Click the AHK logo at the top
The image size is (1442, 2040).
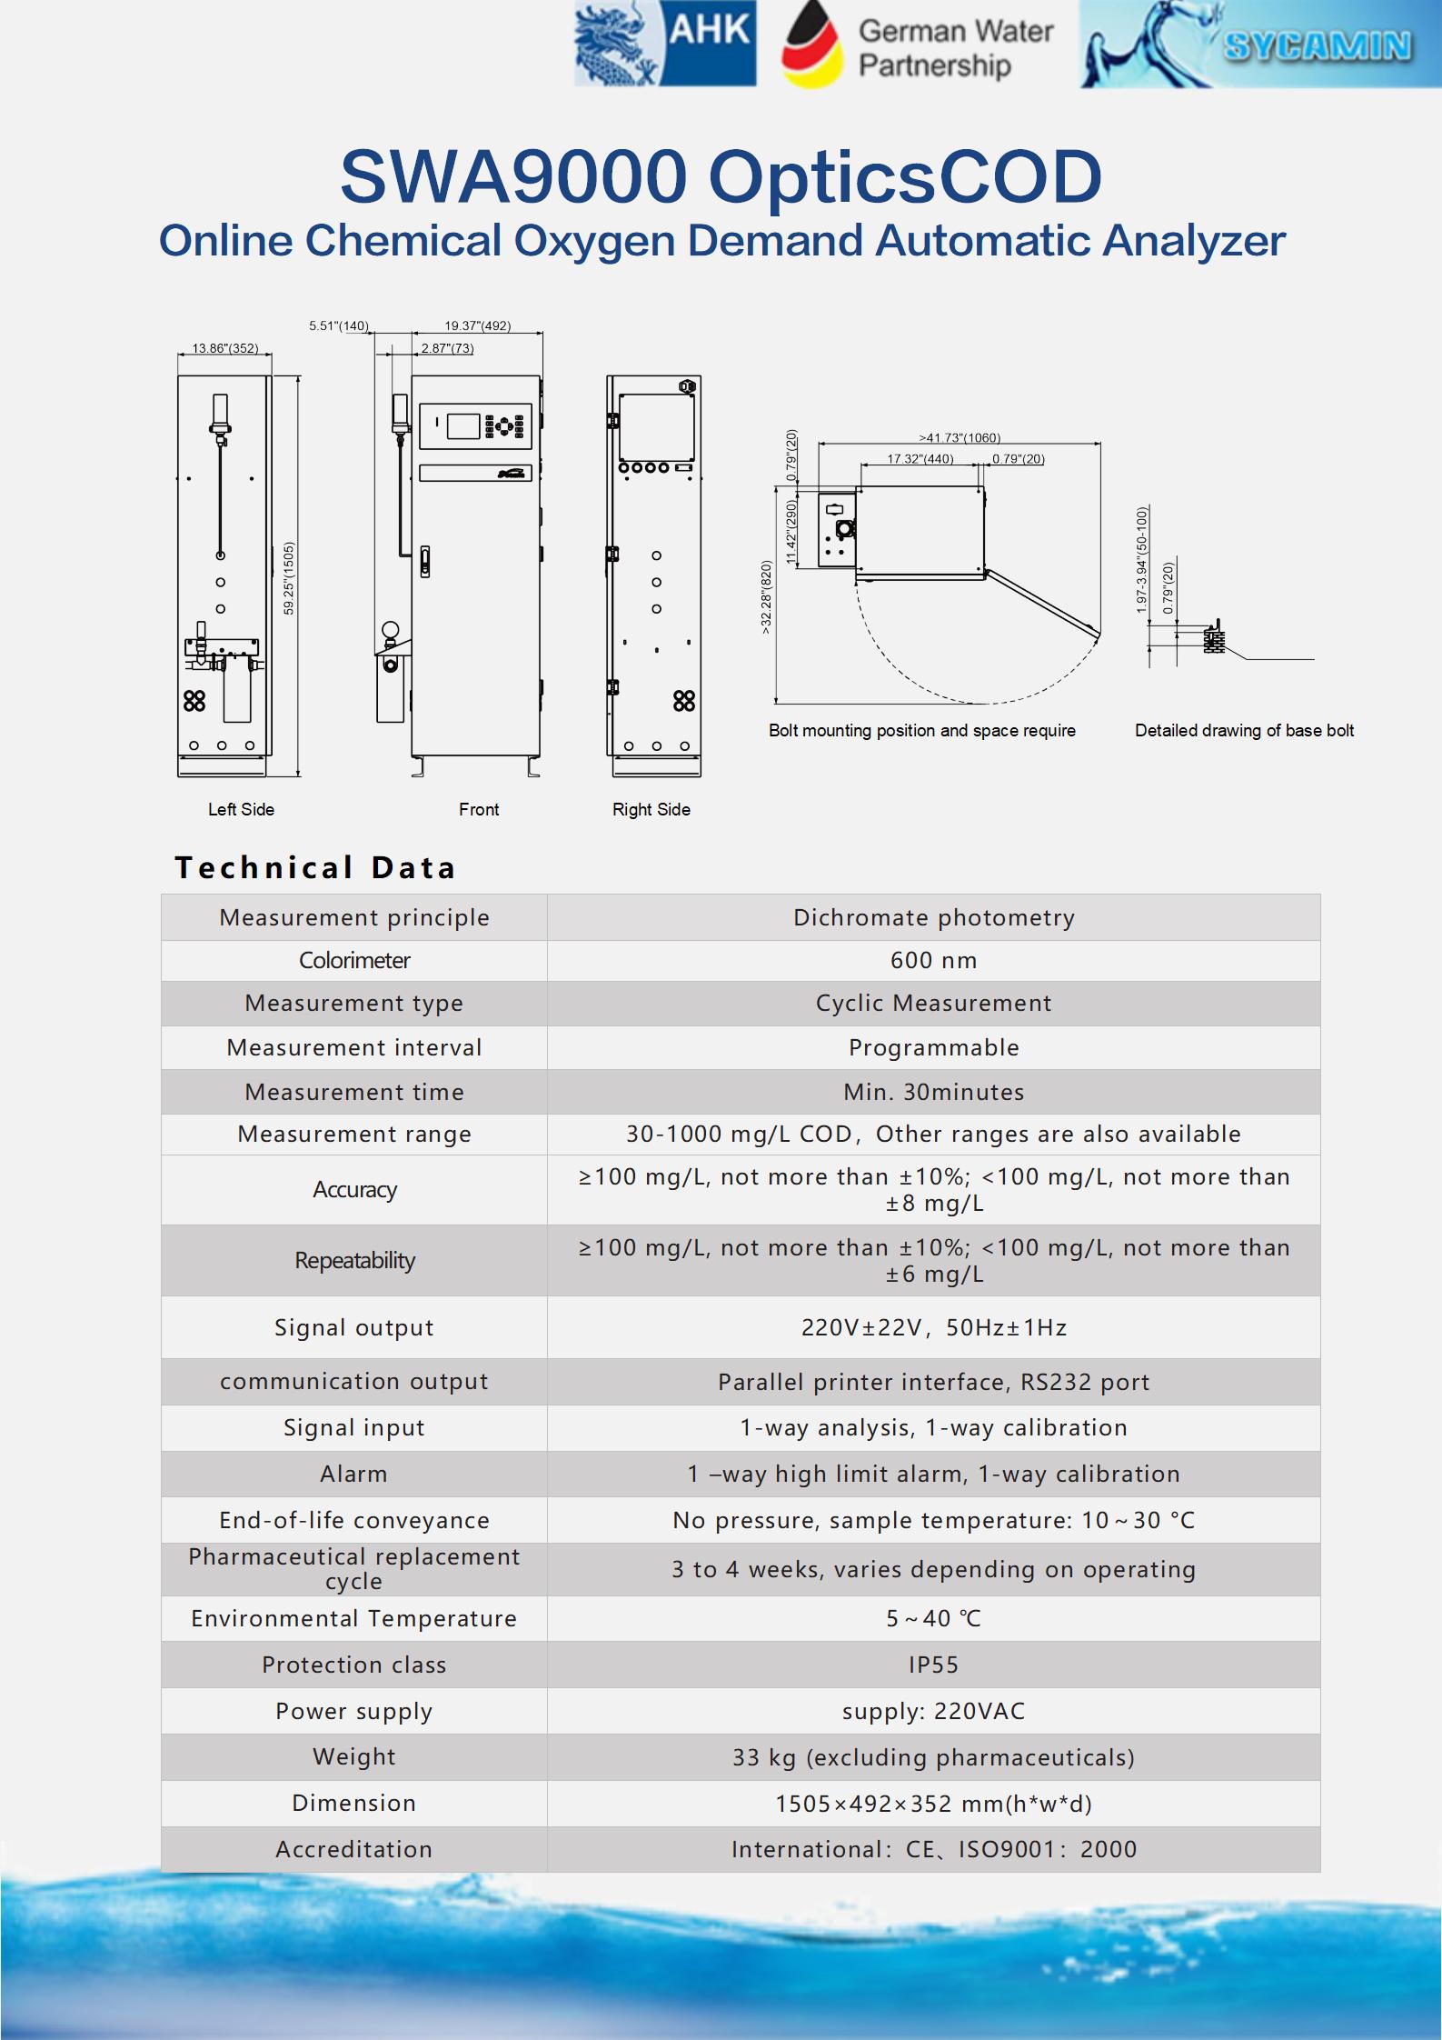pyautogui.click(x=665, y=44)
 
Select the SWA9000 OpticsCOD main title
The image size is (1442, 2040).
pyautogui.click(x=721, y=175)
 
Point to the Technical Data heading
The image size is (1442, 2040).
pyautogui.click(x=315, y=867)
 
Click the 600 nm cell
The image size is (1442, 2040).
pyautogui.click(x=933, y=960)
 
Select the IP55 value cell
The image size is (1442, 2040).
pyautogui.click(x=933, y=1665)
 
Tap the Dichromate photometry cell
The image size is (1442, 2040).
pyautogui.click(x=933, y=917)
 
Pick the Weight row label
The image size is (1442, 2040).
pyautogui.click(x=353, y=1756)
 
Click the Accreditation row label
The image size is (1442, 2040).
pyautogui.click(x=353, y=1849)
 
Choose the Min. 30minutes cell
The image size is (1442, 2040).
pyautogui.click(x=933, y=1092)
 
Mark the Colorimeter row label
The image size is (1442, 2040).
pyautogui.click(x=353, y=960)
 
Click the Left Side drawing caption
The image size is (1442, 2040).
pyautogui.click(x=241, y=809)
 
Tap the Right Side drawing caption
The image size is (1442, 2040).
pyautogui.click(x=651, y=809)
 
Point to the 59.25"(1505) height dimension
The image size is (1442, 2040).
pyautogui.click(x=289, y=578)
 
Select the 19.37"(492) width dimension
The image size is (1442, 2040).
pyautogui.click(x=477, y=325)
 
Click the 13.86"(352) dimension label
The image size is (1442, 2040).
pyautogui.click(x=224, y=348)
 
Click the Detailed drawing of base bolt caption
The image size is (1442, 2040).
pyautogui.click(x=1244, y=730)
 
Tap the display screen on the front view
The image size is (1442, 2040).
pyautogui.click(x=463, y=425)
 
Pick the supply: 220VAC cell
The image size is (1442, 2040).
pyautogui.click(x=933, y=1711)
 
